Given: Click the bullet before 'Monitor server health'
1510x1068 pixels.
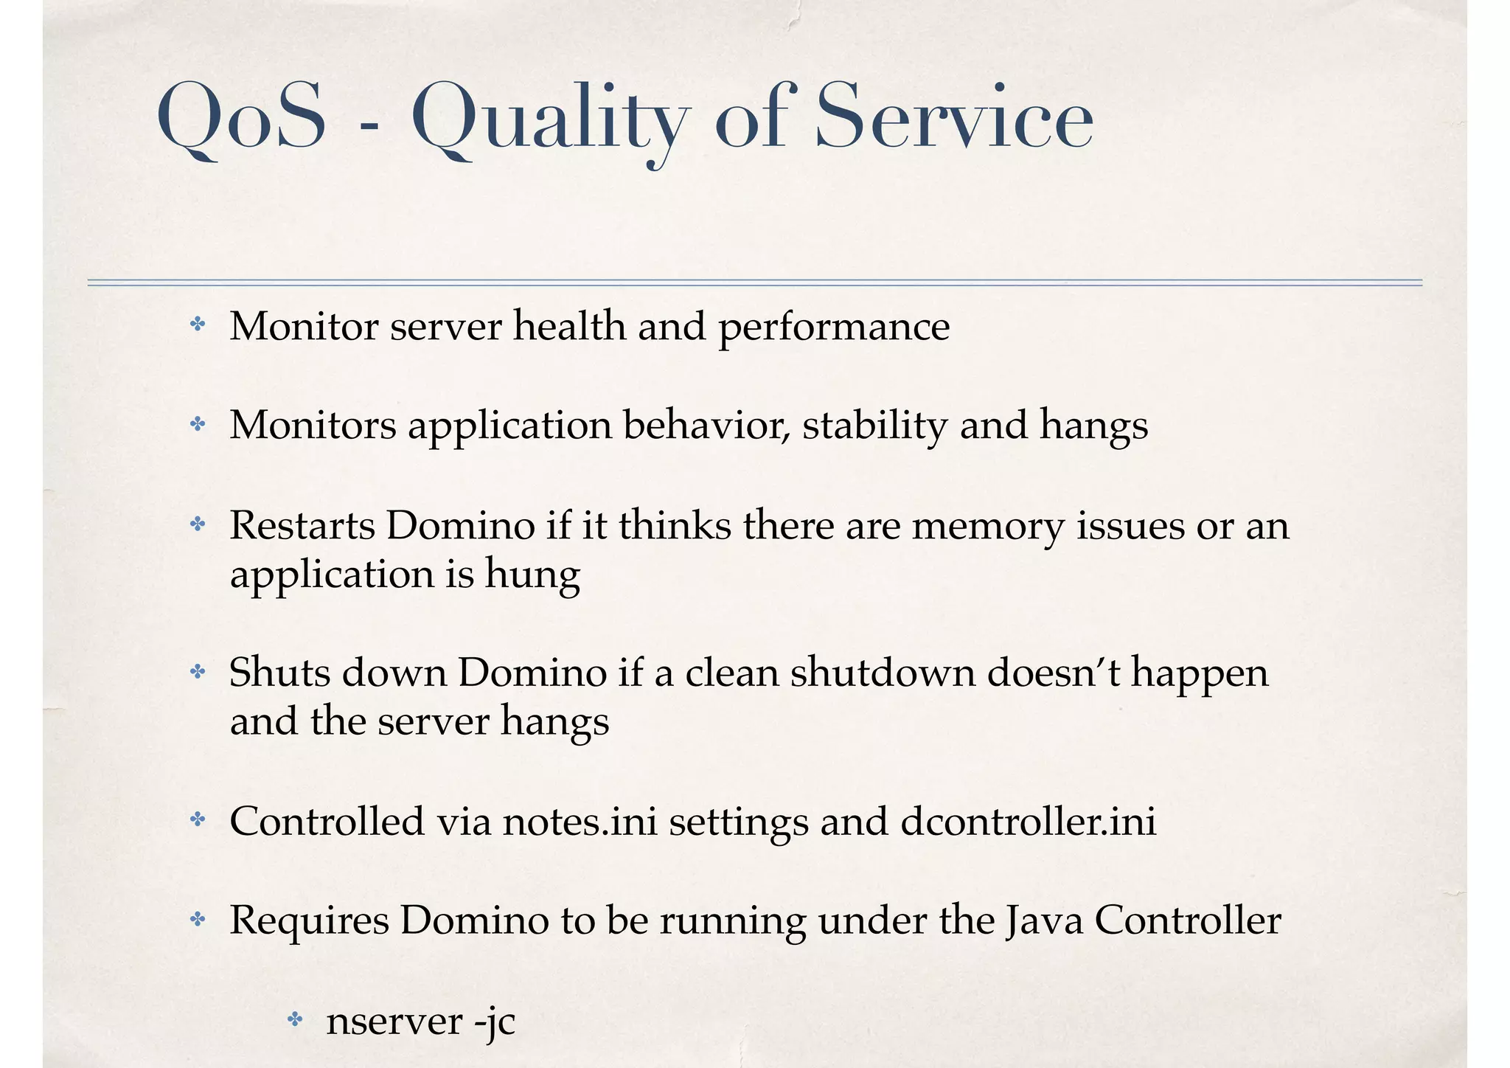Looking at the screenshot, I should click(197, 325).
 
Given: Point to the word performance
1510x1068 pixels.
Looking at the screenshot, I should click(834, 327).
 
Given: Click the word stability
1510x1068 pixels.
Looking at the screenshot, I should click(874, 426).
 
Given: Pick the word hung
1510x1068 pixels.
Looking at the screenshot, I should click(532, 575).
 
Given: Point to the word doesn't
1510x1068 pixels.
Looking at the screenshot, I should click(1053, 673).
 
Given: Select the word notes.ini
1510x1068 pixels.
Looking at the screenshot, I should click(580, 821).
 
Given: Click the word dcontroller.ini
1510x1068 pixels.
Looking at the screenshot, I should click(1029, 821).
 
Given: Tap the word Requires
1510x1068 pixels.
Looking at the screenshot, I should click(309, 921).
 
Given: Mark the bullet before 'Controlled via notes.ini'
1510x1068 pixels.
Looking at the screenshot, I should click(197, 819).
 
